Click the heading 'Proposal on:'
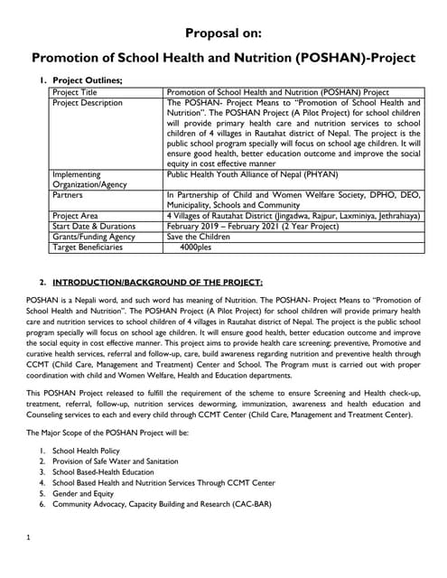tap(222, 33)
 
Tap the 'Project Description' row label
tap(88, 103)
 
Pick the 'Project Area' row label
tap(76, 217)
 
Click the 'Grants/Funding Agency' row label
tap(94, 237)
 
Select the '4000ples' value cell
tap(196, 247)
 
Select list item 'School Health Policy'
tap(87, 450)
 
